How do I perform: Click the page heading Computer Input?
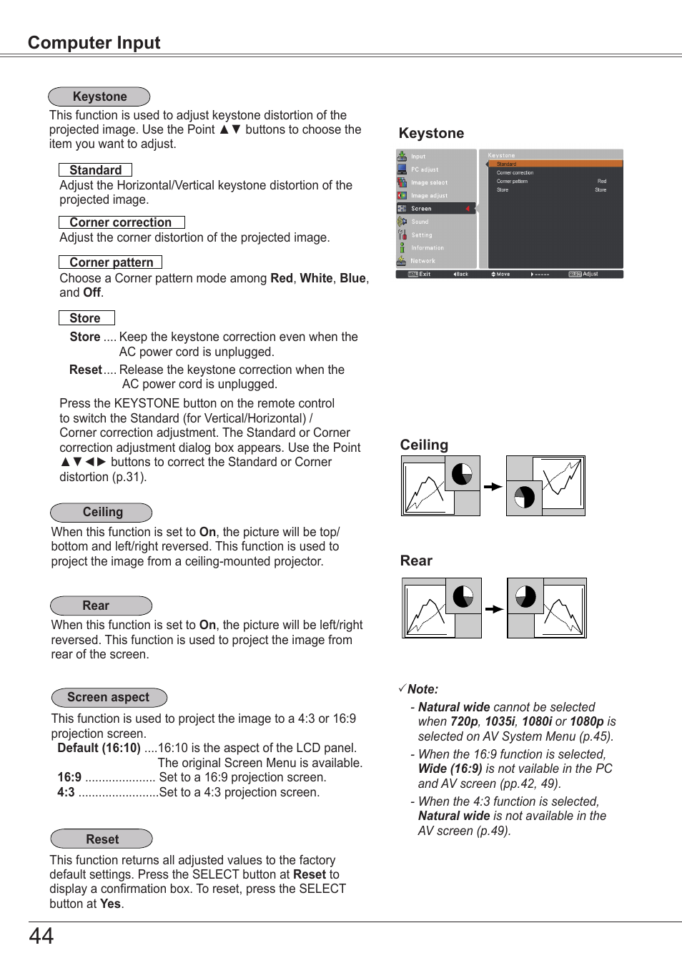(94, 43)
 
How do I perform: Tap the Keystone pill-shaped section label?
(99, 97)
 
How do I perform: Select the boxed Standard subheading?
(95, 170)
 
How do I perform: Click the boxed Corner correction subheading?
(121, 222)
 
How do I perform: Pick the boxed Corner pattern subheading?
(111, 262)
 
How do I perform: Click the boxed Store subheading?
(86, 318)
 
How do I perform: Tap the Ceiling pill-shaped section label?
(102, 512)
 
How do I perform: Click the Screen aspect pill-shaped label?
(109, 697)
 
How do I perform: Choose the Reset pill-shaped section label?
(102, 839)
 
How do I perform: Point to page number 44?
(41, 936)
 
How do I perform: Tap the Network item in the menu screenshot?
(423, 261)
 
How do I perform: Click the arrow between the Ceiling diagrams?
(493, 487)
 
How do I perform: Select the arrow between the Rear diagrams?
(494, 609)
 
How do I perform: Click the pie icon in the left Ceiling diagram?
(462, 473)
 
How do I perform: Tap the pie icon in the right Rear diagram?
(525, 596)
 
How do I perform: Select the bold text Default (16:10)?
(99, 748)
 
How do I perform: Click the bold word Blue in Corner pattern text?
(352, 278)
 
